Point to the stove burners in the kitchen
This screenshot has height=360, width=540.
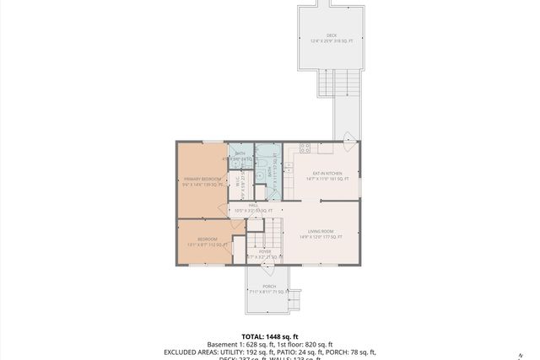pos(305,148)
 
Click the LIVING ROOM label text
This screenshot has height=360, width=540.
pos(321,232)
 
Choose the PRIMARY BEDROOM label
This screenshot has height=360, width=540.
pos(203,180)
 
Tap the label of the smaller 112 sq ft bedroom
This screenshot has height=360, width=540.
pos(208,239)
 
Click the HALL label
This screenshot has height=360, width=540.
pos(252,205)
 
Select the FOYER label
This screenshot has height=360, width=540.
pos(264,251)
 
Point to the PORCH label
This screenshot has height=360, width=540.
pos(269,287)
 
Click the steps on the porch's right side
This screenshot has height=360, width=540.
pos(294,298)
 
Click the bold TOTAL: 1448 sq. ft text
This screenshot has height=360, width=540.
pos(269,336)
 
